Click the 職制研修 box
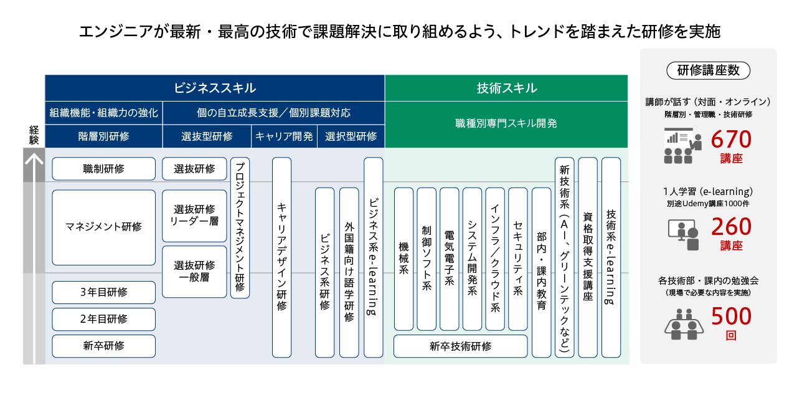pos(103,169)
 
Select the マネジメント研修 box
pos(103,227)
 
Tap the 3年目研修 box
pos(103,292)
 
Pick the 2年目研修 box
pos(103,319)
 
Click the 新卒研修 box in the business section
pos(103,346)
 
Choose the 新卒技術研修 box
pos(460,346)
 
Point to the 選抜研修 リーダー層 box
pos(194,216)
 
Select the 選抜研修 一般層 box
pos(194,272)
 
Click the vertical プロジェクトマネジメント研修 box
pos(240,227)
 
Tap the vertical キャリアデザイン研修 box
pos(281,257)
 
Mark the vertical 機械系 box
pos(403,259)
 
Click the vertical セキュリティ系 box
pos(517,259)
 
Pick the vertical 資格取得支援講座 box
pos(587,257)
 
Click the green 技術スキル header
pos(506,88)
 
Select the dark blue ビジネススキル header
pos(215,88)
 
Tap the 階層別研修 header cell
pos(103,136)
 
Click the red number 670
pos(731,140)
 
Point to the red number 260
pos(731,227)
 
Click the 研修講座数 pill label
pos(708,70)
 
